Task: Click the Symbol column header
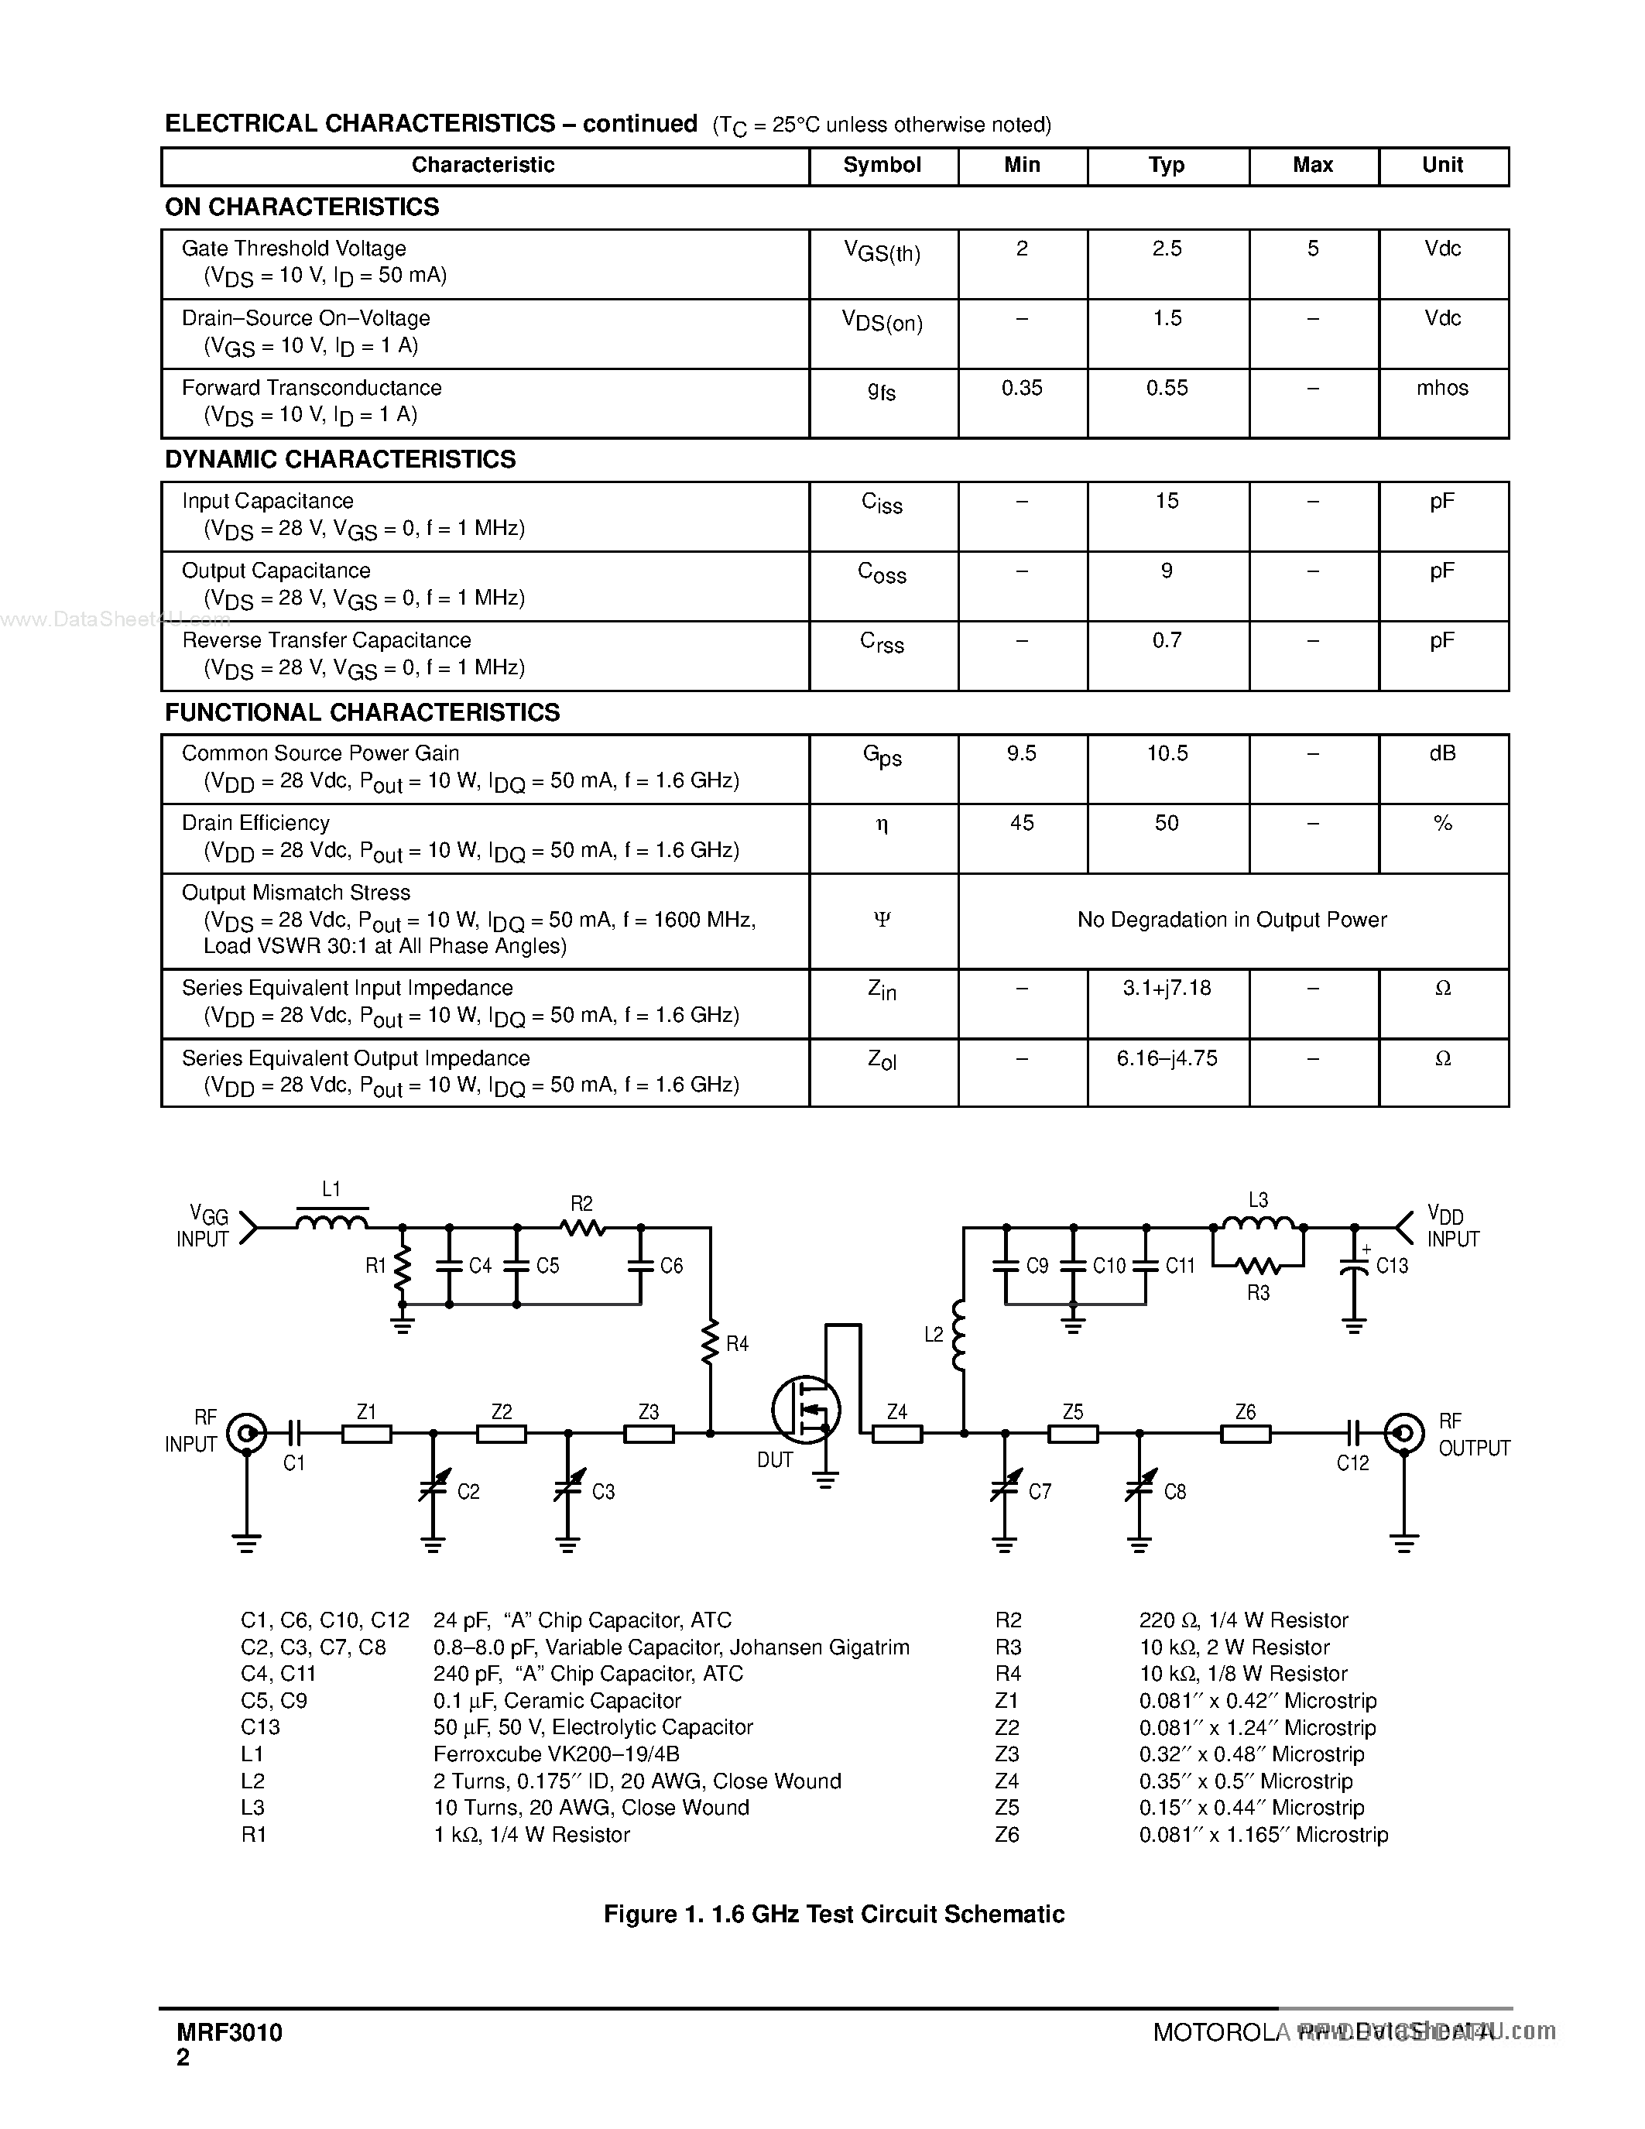pos(882,165)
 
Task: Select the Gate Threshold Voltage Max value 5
pos(1313,249)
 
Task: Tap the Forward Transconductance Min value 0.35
pos(1021,388)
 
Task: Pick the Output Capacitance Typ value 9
pos(1167,571)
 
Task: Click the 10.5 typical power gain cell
pos(1167,753)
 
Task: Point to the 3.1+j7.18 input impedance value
pos(1167,988)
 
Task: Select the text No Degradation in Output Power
pos(1232,919)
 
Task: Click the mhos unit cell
pos(1442,388)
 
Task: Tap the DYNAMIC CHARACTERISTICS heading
pos(340,459)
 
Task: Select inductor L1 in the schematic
pos(331,1222)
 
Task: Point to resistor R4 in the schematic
pos(711,1343)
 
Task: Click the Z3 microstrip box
pos(648,1433)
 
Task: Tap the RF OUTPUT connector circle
pos(1403,1433)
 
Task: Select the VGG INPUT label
pos(204,1227)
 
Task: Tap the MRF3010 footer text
pos(230,2031)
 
